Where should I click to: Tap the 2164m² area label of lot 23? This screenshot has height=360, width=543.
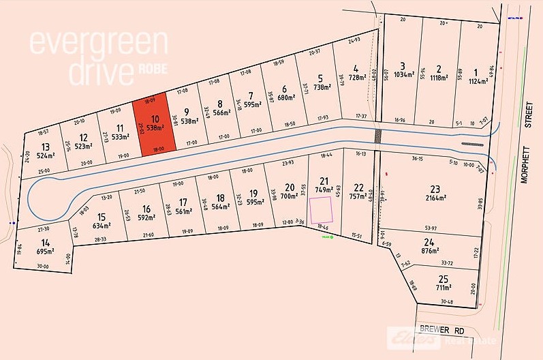[x=436, y=198]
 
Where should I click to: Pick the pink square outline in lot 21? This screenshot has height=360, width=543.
[x=321, y=211]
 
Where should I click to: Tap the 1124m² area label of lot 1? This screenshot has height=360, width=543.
[x=478, y=80]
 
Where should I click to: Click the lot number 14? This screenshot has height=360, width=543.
[x=45, y=242]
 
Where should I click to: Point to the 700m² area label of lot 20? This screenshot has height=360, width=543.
[x=289, y=196]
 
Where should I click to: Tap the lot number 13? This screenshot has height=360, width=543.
[x=46, y=147]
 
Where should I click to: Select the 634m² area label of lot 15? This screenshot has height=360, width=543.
[x=102, y=225]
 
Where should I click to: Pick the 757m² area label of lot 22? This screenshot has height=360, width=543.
[x=358, y=196]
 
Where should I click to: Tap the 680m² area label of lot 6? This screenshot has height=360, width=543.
[x=284, y=97]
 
